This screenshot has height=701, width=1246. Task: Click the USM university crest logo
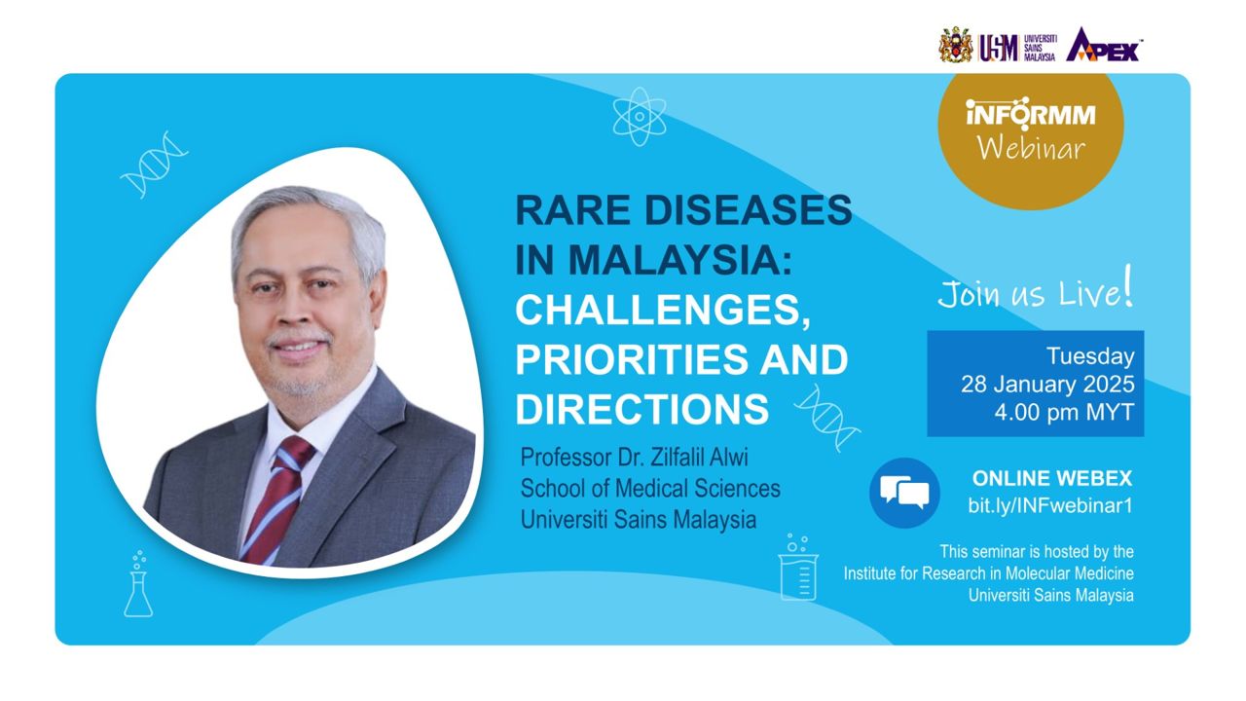[x=956, y=45]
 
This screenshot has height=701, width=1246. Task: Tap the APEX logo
[x=1104, y=45]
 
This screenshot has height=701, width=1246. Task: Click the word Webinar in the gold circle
[x=1031, y=149]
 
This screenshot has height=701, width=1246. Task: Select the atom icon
[x=640, y=117]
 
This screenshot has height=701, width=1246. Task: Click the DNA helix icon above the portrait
[x=154, y=165]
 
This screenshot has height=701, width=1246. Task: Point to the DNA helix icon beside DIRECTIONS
[x=827, y=419]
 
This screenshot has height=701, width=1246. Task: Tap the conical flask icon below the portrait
[x=138, y=584]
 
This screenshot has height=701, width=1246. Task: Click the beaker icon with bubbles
[x=798, y=568]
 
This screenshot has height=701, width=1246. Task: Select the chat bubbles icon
[x=904, y=493]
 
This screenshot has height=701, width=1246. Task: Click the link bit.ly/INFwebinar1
[x=1050, y=505]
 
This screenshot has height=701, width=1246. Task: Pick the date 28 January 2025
[x=1047, y=384]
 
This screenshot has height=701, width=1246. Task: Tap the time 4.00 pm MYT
[x=1064, y=412]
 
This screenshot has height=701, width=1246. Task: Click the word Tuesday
[x=1090, y=356]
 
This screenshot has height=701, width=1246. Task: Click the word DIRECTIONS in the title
[x=641, y=409]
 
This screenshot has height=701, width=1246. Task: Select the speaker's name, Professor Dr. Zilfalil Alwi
[x=634, y=458]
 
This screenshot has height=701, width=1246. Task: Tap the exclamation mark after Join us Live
[x=1128, y=285]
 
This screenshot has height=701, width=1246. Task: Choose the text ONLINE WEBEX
[x=1052, y=478]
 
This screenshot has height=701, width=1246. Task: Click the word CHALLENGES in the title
[x=663, y=310]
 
